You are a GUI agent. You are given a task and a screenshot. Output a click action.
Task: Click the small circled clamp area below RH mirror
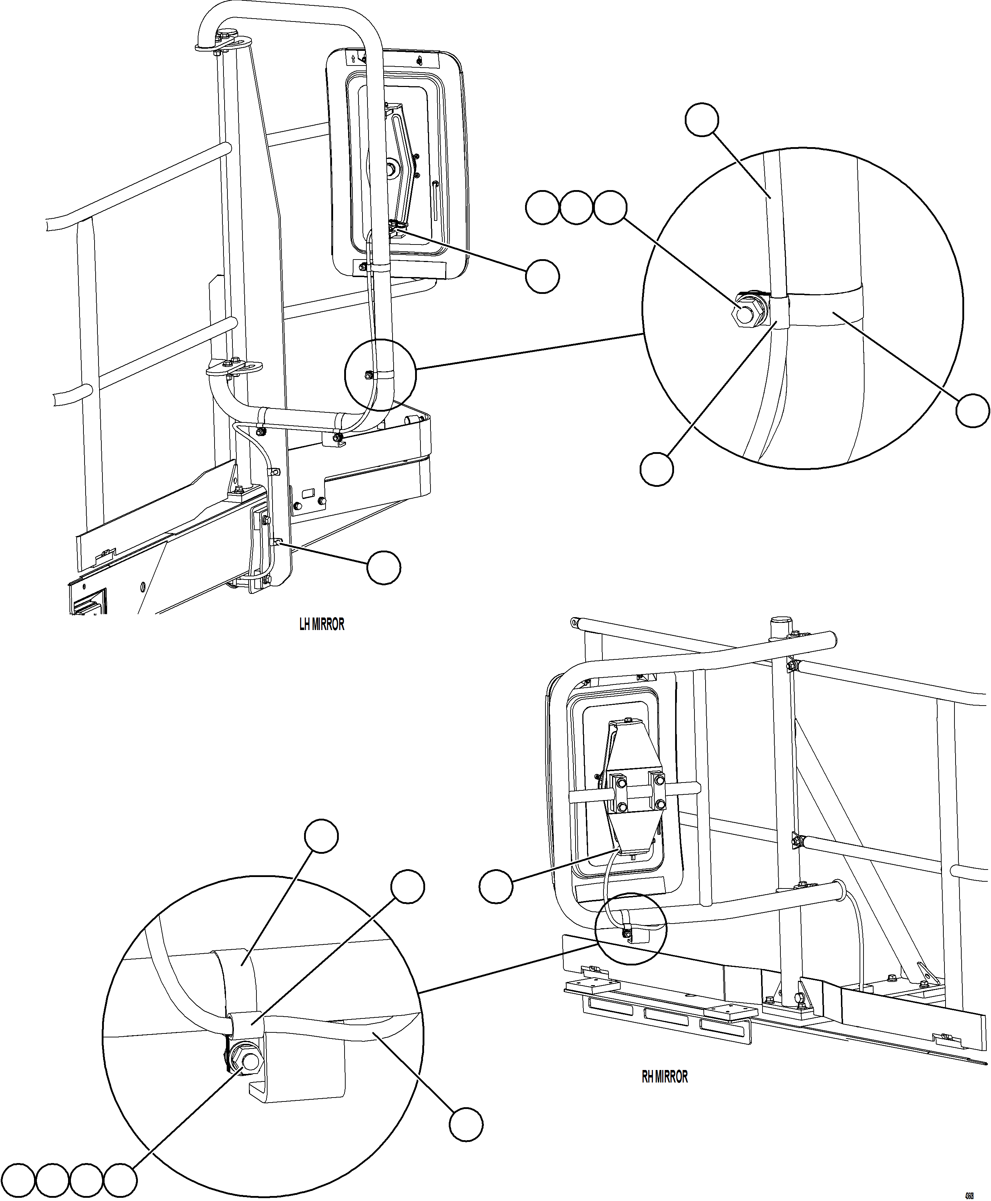[630, 929]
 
